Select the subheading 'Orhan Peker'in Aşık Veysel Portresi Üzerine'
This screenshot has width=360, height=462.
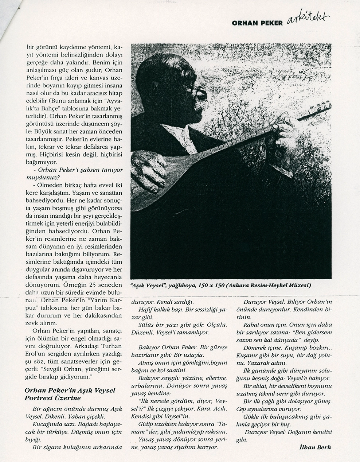[70, 394]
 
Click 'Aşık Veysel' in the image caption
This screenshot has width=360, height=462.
[147, 286]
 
